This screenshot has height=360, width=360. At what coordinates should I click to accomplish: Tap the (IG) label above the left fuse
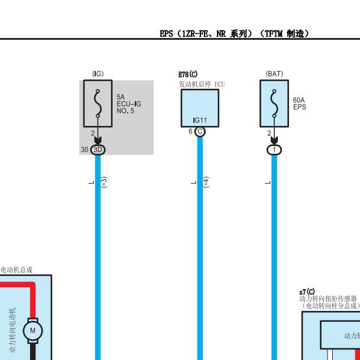(x=98, y=74)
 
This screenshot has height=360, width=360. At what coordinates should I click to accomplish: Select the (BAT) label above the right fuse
(x=274, y=74)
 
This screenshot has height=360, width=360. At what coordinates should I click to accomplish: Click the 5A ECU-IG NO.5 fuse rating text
(x=129, y=104)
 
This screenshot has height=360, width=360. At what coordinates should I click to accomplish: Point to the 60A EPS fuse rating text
(x=299, y=103)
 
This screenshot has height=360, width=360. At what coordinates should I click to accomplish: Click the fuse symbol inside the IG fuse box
(x=98, y=103)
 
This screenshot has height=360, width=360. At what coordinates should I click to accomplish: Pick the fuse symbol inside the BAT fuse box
(x=274, y=103)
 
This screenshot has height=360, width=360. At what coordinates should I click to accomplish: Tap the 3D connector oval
(x=98, y=150)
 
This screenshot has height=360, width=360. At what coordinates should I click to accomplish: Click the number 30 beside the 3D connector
(x=85, y=150)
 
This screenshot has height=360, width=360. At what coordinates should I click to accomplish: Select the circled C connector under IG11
(x=200, y=132)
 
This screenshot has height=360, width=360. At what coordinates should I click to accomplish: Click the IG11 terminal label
(x=200, y=120)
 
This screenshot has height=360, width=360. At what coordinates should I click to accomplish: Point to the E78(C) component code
(x=188, y=74)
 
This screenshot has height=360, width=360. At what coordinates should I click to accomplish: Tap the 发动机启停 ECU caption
(x=202, y=85)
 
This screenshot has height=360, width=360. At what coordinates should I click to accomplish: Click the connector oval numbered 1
(x=274, y=150)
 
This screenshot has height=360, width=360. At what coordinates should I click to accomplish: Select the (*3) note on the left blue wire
(x=104, y=182)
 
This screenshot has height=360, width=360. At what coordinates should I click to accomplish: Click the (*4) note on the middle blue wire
(x=206, y=182)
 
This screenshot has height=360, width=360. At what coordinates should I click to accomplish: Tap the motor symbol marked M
(x=33, y=330)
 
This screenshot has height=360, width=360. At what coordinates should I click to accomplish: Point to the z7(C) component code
(x=307, y=292)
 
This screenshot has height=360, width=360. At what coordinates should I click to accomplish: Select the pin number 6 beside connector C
(x=190, y=131)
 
